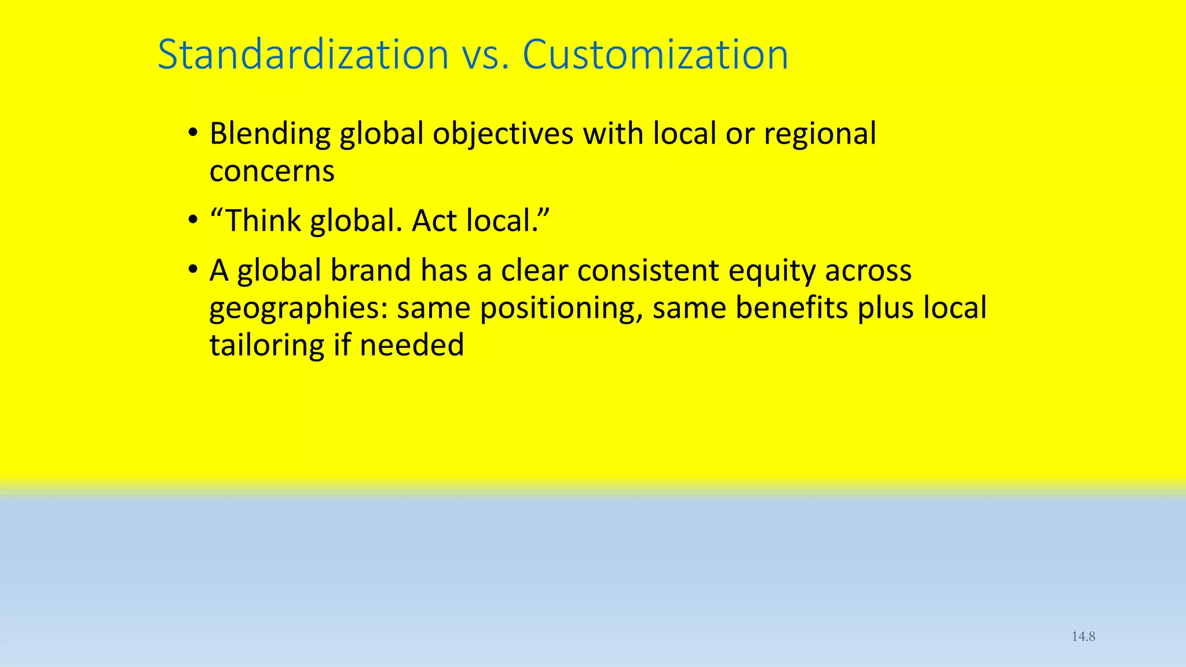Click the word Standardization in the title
[x=303, y=55]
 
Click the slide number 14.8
[x=1083, y=636]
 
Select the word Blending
[x=270, y=134]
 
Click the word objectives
[x=503, y=134]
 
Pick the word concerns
[x=272, y=172]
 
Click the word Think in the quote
[x=262, y=221]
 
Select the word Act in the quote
[x=434, y=221]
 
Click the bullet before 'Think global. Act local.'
[x=193, y=221]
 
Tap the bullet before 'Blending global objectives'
[x=193, y=134]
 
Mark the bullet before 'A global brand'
[x=193, y=270]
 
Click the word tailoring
[x=266, y=346]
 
